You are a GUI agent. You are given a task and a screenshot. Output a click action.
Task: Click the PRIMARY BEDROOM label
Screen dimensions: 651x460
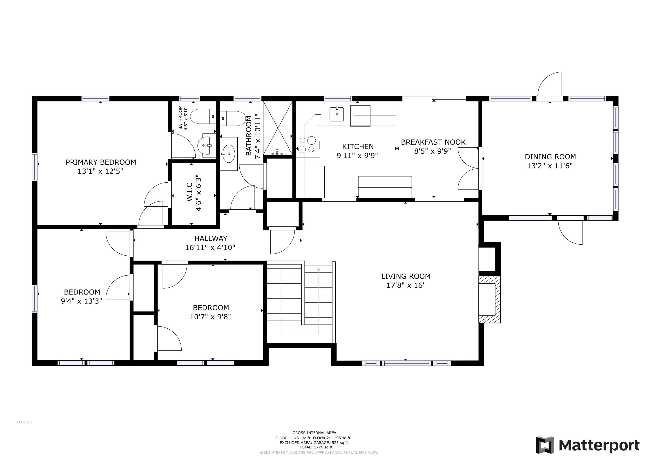point(101,162)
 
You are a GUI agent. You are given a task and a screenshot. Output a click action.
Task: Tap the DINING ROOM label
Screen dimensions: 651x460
point(550,157)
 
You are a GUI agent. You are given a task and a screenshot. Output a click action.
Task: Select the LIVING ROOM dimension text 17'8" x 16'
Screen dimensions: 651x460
point(406,285)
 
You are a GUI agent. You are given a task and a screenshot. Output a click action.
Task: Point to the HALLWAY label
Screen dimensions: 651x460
point(211,239)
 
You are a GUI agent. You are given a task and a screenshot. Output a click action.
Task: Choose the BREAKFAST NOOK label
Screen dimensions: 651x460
point(433,142)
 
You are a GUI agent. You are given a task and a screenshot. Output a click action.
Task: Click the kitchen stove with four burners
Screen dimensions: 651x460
point(308,145)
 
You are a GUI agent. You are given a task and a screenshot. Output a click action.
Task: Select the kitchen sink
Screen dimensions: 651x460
point(337,114)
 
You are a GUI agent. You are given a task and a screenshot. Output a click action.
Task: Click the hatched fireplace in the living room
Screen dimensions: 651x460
point(489,299)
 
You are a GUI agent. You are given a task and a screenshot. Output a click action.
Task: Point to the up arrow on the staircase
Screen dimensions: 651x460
point(318,269)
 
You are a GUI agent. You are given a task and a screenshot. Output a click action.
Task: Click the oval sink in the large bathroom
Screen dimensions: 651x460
point(229,154)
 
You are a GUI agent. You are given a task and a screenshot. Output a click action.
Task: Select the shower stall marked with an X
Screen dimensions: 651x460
point(278,128)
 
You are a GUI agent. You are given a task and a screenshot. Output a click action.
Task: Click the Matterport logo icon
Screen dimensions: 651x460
point(545,445)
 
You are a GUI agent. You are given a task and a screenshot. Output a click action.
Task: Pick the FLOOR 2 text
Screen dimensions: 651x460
point(25,422)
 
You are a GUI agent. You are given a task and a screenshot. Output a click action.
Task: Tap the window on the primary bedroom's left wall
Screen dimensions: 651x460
point(35,167)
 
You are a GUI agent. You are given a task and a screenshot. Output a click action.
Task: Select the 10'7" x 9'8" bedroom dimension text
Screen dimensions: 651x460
point(210,317)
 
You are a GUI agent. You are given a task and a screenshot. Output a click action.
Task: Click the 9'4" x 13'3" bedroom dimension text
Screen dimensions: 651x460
point(81,301)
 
